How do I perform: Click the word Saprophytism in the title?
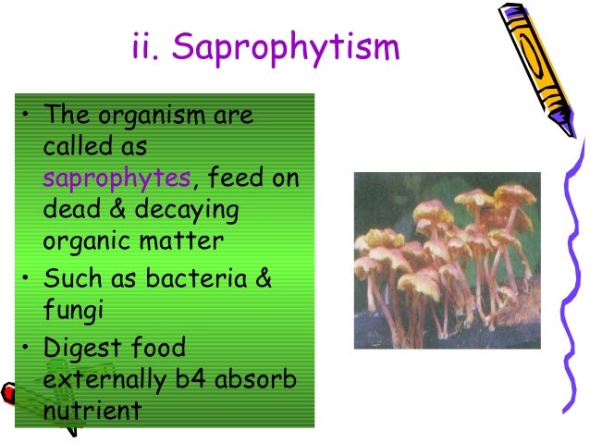(x=286, y=48)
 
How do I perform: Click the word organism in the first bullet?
(x=152, y=116)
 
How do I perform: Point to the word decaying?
(x=187, y=210)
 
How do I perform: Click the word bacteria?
(x=196, y=278)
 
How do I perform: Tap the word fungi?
(x=73, y=311)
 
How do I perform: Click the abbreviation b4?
(x=191, y=378)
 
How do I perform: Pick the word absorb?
(x=255, y=378)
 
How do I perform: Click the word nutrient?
(x=92, y=410)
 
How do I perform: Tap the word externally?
(x=104, y=379)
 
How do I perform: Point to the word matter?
(x=181, y=240)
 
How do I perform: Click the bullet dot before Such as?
(x=25, y=277)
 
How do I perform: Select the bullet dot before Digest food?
(x=25, y=347)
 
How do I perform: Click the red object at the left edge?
(x=7, y=394)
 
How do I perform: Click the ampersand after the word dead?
(x=117, y=208)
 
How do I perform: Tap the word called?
(x=78, y=145)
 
